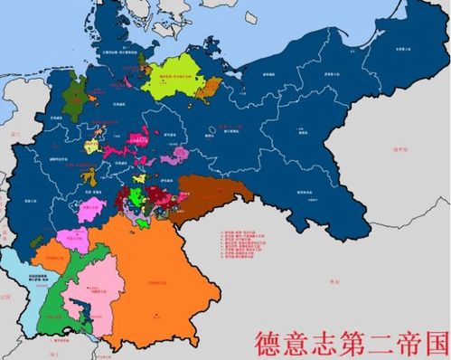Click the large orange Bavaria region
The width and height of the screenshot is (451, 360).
(x=163, y=271)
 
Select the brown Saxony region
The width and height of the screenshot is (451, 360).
(x=212, y=198)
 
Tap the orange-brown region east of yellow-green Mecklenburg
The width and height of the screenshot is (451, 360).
(x=211, y=87)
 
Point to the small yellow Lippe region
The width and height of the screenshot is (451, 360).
(x=93, y=145)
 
